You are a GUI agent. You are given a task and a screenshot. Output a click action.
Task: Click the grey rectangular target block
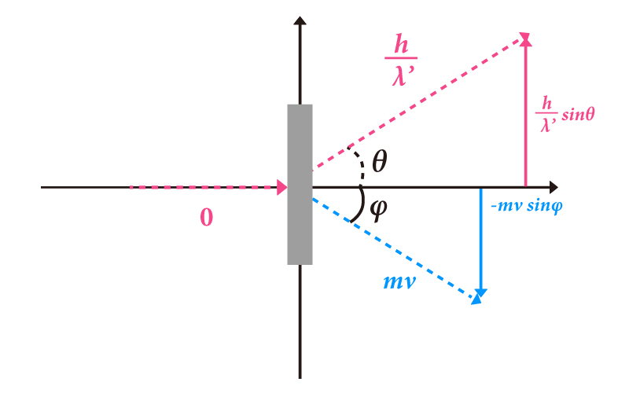(300, 185)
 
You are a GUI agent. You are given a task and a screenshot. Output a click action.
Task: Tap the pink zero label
(207, 218)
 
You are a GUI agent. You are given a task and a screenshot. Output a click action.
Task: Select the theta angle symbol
(380, 161)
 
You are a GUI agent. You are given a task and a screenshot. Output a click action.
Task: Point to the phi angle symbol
(378, 210)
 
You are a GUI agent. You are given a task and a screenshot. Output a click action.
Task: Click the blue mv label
(399, 282)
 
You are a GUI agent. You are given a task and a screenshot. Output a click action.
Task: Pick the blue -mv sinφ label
(527, 206)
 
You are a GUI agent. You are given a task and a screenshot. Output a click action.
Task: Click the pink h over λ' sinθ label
(565, 114)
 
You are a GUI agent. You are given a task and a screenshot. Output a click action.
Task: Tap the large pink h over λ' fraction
(401, 61)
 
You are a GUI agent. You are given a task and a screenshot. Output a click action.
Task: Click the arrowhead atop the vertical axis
(300, 20)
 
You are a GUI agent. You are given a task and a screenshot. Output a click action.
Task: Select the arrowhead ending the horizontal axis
(554, 187)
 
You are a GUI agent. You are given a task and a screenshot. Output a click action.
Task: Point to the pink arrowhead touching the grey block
(282, 187)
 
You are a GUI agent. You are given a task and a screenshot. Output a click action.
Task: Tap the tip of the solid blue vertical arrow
(480, 297)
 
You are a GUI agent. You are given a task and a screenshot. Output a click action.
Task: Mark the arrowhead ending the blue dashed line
(476, 299)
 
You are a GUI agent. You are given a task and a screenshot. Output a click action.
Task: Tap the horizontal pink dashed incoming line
(204, 187)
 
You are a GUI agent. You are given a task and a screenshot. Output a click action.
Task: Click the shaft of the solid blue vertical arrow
(480, 239)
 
